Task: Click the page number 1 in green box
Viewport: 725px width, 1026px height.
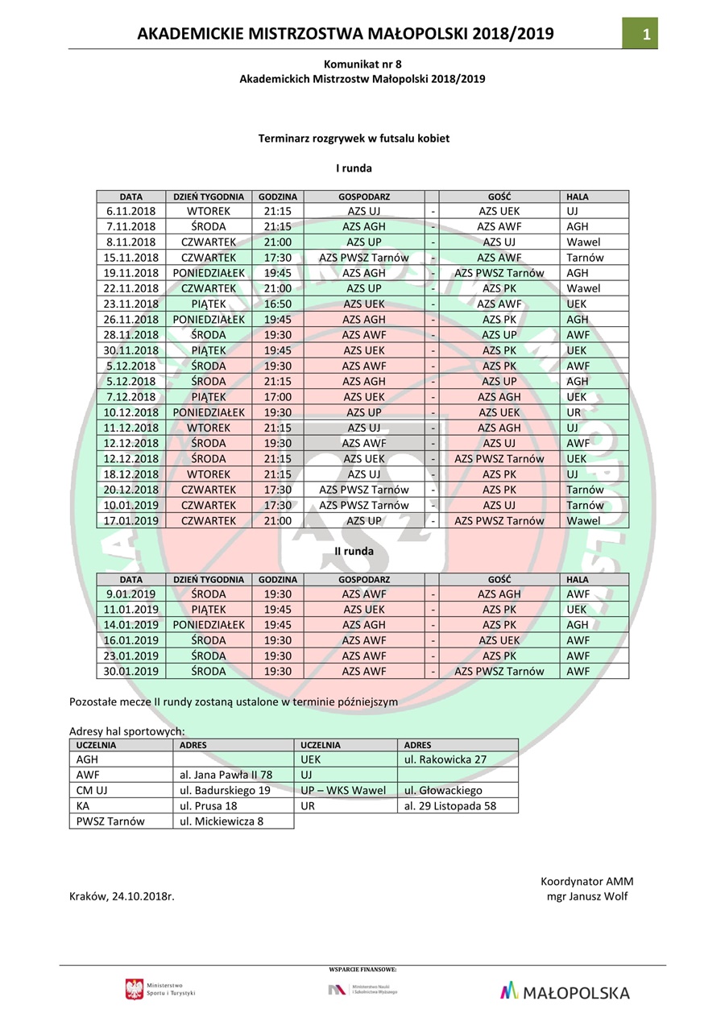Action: pyautogui.click(x=645, y=34)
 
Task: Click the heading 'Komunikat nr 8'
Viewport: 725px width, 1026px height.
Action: pyautogui.click(x=362, y=64)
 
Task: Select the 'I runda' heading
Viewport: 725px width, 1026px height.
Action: pyautogui.click(x=354, y=168)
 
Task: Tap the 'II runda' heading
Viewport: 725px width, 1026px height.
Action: pyautogui.click(x=354, y=552)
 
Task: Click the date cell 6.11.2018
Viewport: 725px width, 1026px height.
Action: pyautogui.click(x=130, y=211)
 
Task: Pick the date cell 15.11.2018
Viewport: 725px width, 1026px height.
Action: pyautogui.click(x=130, y=258)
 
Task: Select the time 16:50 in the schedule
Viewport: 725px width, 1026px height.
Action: pyautogui.click(x=278, y=304)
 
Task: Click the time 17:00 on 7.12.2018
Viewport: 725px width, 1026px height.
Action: pyautogui.click(x=278, y=397)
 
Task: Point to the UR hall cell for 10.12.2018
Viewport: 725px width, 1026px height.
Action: pyautogui.click(x=574, y=412)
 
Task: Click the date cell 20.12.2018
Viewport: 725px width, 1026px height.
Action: pyautogui.click(x=130, y=490)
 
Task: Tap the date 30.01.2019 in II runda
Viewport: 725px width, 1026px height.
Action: pyautogui.click(x=130, y=672)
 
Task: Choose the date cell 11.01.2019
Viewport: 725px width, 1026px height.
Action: pyautogui.click(x=130, y=610)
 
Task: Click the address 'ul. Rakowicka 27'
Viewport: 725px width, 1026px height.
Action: pyautogui.click(x=445, y=759)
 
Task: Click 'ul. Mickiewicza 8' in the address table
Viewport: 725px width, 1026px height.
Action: pyautogui.click(x=221, y=821)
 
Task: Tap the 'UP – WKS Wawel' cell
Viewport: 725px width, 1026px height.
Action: pyautogui.click(x=343, y=791)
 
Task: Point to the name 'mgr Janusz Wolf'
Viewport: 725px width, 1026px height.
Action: pyautogui.click(x=586, y=897)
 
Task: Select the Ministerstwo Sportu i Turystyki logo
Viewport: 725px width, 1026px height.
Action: pyautogui.click(x=160, y=990)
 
